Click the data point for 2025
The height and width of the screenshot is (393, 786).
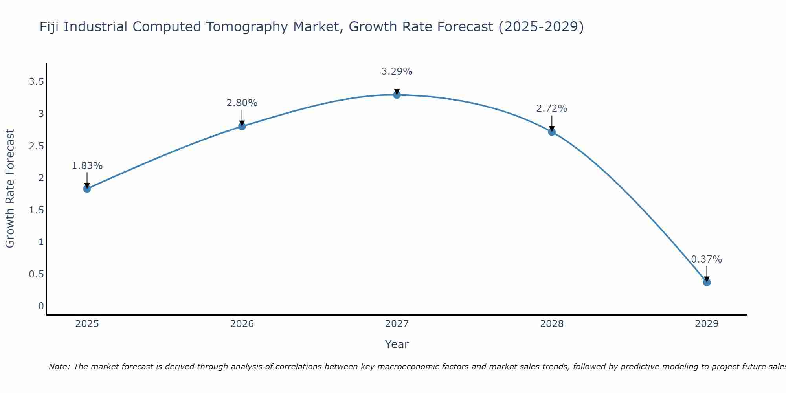pos(87,189)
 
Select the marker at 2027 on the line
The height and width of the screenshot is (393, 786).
pos(397,95)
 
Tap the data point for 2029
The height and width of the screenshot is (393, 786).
pos(707,282)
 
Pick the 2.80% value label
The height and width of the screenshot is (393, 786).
pos(242,103)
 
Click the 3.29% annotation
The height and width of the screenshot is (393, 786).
pos(397,72)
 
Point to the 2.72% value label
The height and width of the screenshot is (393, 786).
pos(552,108)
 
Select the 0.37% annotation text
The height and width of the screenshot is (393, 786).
pos(707,259)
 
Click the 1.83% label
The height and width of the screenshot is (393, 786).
pos(87,166)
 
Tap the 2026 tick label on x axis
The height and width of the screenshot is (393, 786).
pos(242,324)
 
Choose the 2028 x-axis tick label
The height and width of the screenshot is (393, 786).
pos(552,324)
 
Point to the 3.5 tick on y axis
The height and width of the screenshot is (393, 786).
pos(36,82)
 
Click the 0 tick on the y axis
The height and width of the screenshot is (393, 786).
pos(41,306)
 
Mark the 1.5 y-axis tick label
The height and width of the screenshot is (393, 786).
pos(36,210)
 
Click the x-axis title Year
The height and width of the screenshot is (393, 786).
pos(397,344)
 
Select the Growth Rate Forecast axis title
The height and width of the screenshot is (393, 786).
pos(10,189)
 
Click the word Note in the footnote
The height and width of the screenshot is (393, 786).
pos(59,367)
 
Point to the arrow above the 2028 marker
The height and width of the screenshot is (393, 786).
pos(552,123)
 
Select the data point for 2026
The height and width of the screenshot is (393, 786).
pos(242,126)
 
